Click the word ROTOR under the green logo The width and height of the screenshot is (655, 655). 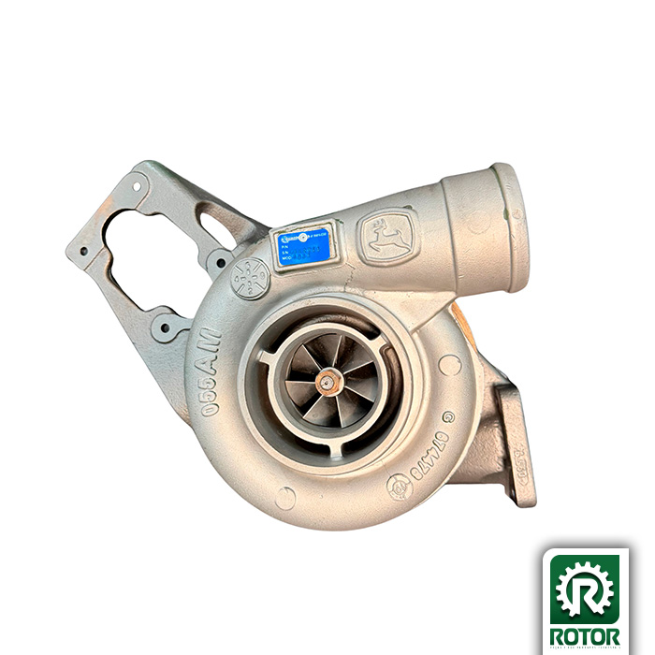tap(585, 636)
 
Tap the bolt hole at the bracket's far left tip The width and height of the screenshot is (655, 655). tap(81, 251)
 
